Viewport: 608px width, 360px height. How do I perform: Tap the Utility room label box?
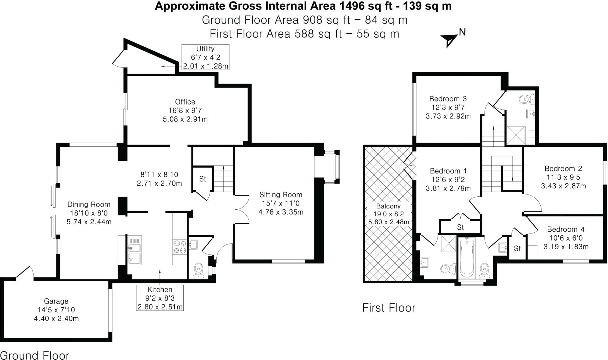tap(205, 57)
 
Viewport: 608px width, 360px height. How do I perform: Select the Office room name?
tap(185, 102)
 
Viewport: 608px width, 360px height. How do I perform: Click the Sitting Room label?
tap(281, 195)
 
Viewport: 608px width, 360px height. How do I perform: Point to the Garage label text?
tap(56, 301)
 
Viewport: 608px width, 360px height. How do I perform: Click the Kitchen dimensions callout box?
tap(160, 298)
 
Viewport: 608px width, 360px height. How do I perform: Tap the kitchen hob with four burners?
tap(180, 247)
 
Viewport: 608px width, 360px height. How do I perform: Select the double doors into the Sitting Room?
tap(242, 209)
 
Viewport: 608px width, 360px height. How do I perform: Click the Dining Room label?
tap(89, 204)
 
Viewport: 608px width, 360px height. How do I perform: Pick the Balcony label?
tap(388, 206)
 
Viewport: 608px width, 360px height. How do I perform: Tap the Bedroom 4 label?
tap(566, 229)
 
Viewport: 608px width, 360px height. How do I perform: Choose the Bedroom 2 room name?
tap(563, 168)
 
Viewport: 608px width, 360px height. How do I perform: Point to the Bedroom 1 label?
tap(448, 171)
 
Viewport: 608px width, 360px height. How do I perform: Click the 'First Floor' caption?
tap(389, 308)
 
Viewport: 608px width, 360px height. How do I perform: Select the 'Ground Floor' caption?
tap(35, 355)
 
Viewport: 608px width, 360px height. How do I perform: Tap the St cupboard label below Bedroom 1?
tap(460, 227)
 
